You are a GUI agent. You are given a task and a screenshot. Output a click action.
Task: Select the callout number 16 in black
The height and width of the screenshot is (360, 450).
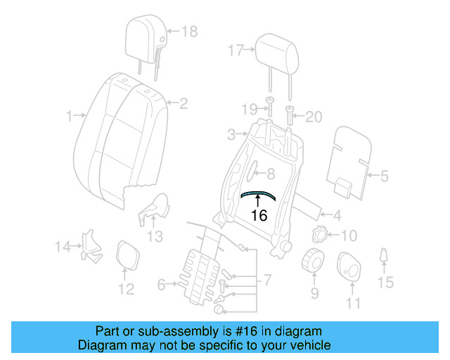tap(259, 216)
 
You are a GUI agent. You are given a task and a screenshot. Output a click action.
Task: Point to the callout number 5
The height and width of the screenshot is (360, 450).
tap(384, 176)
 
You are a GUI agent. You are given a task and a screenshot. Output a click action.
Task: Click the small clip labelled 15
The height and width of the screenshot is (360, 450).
tap(384, 257)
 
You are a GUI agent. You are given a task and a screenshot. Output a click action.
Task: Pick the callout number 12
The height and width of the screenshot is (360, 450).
tap(126, 289)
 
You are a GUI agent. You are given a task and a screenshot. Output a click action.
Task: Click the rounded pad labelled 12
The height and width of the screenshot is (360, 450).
tap(126, 255)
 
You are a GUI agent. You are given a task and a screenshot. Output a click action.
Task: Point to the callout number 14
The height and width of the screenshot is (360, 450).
tap(64, 245)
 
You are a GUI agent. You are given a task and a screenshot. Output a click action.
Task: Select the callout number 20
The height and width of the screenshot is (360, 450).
tap(313, 117)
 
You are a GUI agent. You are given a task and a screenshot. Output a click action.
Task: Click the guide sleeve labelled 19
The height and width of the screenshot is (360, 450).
tap(269, 107)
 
